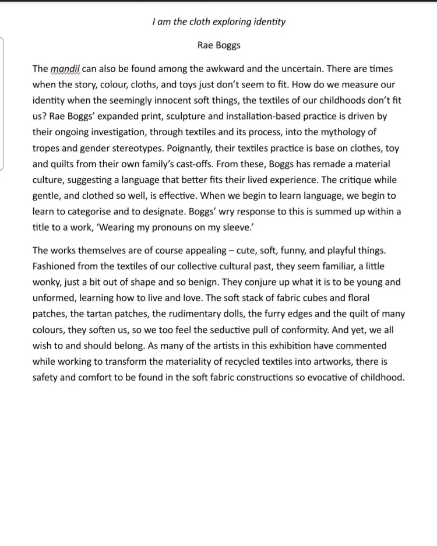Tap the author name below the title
pos(218,44)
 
